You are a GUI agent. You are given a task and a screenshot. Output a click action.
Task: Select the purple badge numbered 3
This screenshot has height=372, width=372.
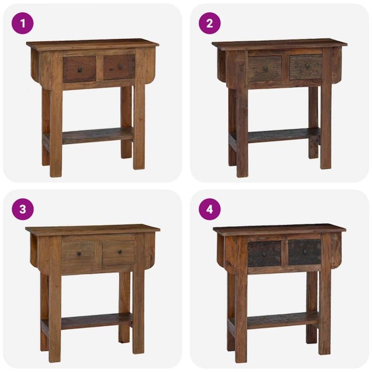(23, 209)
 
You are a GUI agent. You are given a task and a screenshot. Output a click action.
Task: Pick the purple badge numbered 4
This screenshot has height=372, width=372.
(210, 209)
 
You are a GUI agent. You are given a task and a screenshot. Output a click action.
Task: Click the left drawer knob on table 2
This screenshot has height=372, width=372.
(265, 68)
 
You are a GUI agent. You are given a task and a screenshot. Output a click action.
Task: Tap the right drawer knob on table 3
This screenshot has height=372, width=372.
(119, 252)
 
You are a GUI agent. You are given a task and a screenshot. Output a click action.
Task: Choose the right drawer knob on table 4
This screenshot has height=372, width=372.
(305, 252)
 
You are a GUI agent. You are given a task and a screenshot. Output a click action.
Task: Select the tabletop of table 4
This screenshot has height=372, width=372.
(279, 228)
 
